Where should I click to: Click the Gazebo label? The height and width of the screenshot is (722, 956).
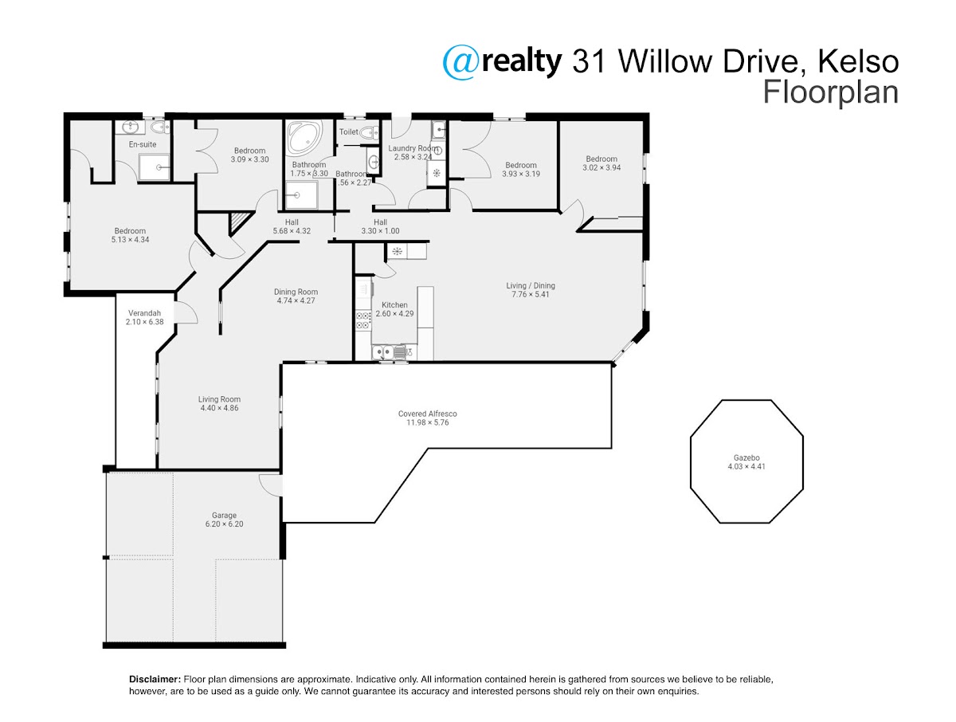click(746, 457)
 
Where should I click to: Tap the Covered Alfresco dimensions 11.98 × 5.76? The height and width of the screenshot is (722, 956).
click(427, 422)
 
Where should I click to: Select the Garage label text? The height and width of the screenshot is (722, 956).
click(224, 515)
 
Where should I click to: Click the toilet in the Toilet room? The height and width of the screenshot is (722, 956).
click(370, 132)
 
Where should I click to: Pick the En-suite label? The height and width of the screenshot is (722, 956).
click(142, 144)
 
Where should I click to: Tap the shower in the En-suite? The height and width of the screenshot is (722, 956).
click(154, 167)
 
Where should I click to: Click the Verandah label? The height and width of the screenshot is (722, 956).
click(145, 312)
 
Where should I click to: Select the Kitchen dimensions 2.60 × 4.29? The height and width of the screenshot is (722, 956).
click(394, 313)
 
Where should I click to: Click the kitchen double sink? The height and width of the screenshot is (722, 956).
click(389, 352)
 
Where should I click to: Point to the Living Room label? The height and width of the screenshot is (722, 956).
click(219, 399)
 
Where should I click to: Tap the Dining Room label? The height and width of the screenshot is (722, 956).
click(296, 292)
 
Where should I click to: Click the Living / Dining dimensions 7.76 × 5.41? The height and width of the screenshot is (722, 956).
click(530, 294)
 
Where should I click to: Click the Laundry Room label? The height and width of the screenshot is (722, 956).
click(413, 148)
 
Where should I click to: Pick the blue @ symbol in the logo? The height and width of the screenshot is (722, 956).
click(460, 63)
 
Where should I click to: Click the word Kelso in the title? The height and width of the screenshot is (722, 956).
click(858, 62)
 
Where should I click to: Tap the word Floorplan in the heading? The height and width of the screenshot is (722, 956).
click(831, 92)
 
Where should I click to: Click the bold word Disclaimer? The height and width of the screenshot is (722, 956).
click(155, 679)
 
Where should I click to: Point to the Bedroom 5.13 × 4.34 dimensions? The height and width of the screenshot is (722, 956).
click(130, 240)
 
